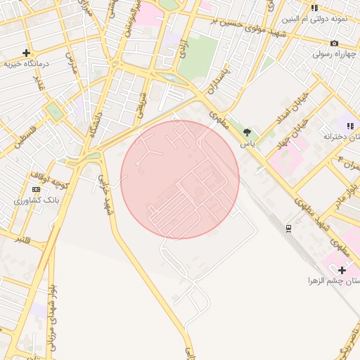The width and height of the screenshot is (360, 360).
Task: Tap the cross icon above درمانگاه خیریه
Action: coord(26,53)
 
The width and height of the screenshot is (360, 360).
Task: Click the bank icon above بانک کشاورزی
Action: coord(36,189)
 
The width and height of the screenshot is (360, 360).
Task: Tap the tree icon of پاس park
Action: coord(247,132)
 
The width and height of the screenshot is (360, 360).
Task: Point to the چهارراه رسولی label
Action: coord(335,53)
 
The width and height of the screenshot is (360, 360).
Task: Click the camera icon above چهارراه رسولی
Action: coord(335,43)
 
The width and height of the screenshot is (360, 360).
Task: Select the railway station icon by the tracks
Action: coord(288,228)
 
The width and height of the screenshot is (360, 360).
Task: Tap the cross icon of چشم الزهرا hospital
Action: coord(342,270)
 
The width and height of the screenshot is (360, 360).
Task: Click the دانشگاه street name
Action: coord(94,125)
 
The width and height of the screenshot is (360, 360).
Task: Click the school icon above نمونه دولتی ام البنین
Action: coord(314,8)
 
